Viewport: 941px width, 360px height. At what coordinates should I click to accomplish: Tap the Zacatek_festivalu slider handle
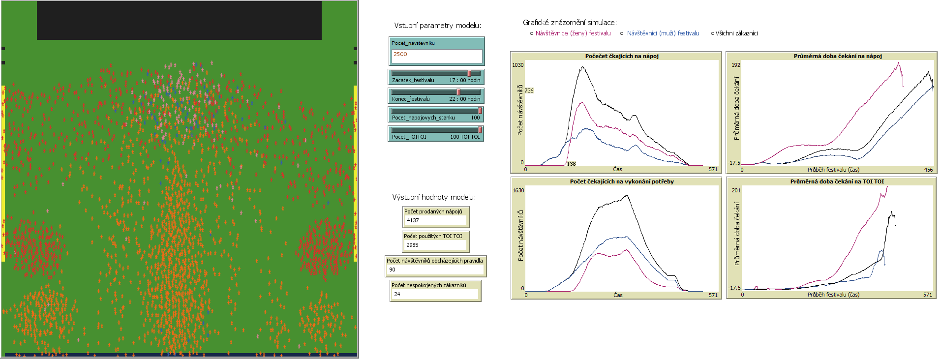pos(469,73)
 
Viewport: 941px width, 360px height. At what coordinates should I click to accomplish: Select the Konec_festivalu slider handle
pos(458,92)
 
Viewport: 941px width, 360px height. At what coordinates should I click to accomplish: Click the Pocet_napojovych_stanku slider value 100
pos(475,118)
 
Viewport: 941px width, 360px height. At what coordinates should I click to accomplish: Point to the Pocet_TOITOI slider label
pos(409,137)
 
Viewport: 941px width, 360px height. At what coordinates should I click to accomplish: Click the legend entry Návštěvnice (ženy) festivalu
pos(573,33)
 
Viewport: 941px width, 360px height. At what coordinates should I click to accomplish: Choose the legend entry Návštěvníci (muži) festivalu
pos(663,33)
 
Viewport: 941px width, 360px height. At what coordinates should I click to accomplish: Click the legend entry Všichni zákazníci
pos(736,33)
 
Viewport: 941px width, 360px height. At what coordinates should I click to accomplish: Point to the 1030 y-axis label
pos(518,65)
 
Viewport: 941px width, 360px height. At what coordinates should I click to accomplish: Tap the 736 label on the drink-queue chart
pos(529,90)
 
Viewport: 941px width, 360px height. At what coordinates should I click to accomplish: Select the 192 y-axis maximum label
pos(736,65)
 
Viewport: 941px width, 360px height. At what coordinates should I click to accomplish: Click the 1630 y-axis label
pos(518,190)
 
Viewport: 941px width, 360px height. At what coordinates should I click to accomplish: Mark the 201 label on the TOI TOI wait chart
pos(736,190)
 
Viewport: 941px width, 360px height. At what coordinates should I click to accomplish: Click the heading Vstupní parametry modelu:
pos(437,26)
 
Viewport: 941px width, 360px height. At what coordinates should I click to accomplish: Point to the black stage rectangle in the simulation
pos(179,20)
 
